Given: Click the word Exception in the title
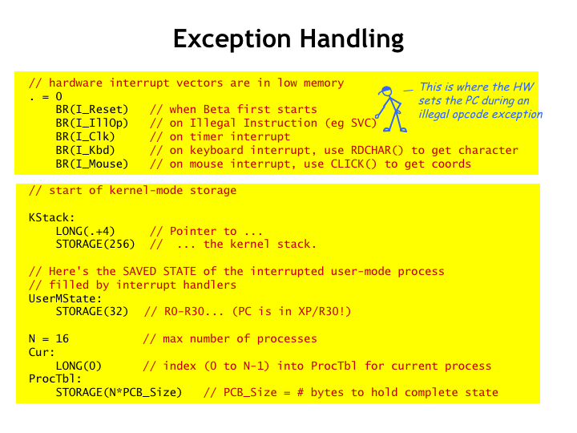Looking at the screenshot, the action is [232, 38].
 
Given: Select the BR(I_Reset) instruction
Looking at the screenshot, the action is [92, 109].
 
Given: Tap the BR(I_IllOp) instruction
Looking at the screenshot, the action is [92, 123].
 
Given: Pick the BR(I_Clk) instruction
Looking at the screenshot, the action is [86, 136].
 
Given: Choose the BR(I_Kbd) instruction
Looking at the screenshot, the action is [86, 150].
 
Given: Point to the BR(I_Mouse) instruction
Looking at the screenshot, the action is [92, 164].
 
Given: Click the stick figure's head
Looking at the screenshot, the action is [386, 91].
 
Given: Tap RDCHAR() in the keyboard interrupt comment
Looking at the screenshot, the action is [377, 150].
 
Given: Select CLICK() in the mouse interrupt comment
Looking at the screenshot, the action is [353, 164].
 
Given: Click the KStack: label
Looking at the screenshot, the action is [51, 217].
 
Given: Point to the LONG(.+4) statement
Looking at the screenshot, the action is [86, 231].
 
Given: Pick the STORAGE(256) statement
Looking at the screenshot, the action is [95, 244].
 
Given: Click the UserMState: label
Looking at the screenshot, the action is [65, 298].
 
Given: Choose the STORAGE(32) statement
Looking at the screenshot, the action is [92, 311].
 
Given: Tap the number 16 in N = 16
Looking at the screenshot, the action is [63, 338].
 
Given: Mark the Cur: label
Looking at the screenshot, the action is [42, 352].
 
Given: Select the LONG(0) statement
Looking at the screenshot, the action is [79, 366].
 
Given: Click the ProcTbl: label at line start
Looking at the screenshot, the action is [55, 378].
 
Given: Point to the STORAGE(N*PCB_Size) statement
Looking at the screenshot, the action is [119, 392].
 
